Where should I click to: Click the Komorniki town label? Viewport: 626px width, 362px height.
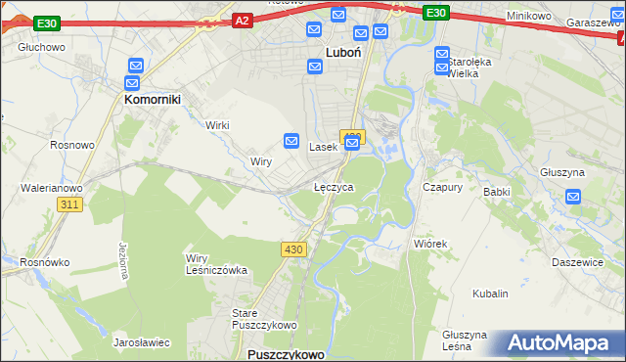149,99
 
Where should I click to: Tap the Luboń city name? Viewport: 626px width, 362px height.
344,54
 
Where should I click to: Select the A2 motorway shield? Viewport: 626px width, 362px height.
243,19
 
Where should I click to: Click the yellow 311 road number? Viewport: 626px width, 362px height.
68,204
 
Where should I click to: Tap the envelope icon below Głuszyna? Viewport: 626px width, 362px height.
574,198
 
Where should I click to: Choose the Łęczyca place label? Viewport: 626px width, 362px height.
334,186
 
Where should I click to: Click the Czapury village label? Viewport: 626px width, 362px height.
441,186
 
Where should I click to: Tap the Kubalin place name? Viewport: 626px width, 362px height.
490,294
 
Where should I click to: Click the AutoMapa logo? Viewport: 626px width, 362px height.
557,343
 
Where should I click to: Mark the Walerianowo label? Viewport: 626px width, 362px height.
53,187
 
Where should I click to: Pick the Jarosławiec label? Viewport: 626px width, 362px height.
142,342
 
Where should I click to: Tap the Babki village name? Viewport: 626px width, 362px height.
497,192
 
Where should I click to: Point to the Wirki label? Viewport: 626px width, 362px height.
216,125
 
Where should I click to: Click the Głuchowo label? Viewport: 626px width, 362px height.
41,47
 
